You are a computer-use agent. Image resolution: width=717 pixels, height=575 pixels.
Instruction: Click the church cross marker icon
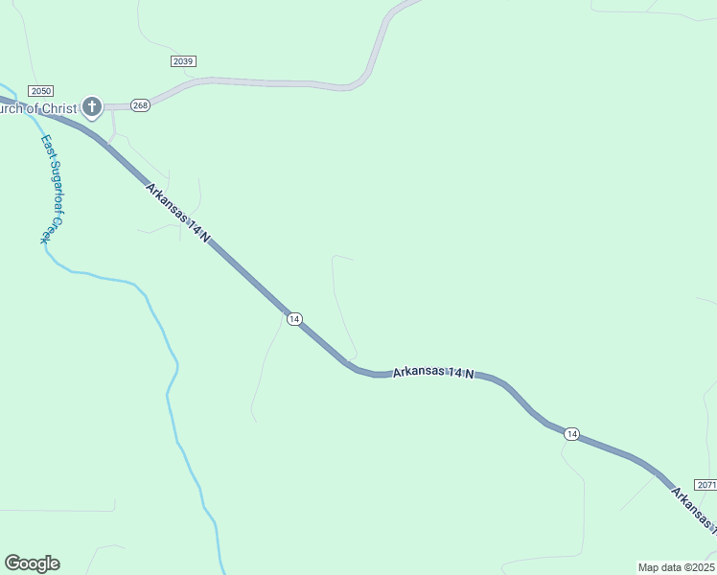coord(92,106)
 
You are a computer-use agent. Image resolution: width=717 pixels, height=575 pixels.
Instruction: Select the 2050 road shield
coord(40,91)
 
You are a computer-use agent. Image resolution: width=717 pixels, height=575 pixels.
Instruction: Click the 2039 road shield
coord(183,61)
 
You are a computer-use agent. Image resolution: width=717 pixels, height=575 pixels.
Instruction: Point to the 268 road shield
coord(140,105)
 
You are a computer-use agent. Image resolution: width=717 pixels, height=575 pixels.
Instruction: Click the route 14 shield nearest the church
coord(294,318)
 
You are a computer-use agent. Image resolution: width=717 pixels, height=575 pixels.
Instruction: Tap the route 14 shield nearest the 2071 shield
coord(571,434)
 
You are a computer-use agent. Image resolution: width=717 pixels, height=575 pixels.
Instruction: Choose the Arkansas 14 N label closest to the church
coord(178,212)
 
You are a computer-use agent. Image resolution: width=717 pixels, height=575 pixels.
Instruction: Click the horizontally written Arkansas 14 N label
coord(433,373)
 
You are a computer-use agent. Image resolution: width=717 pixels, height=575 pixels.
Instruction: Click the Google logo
coord(32,563)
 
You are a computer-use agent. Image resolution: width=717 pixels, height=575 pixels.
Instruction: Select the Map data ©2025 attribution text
coord(676,567)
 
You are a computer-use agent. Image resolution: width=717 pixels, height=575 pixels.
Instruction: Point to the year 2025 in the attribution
coord(701,567)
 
